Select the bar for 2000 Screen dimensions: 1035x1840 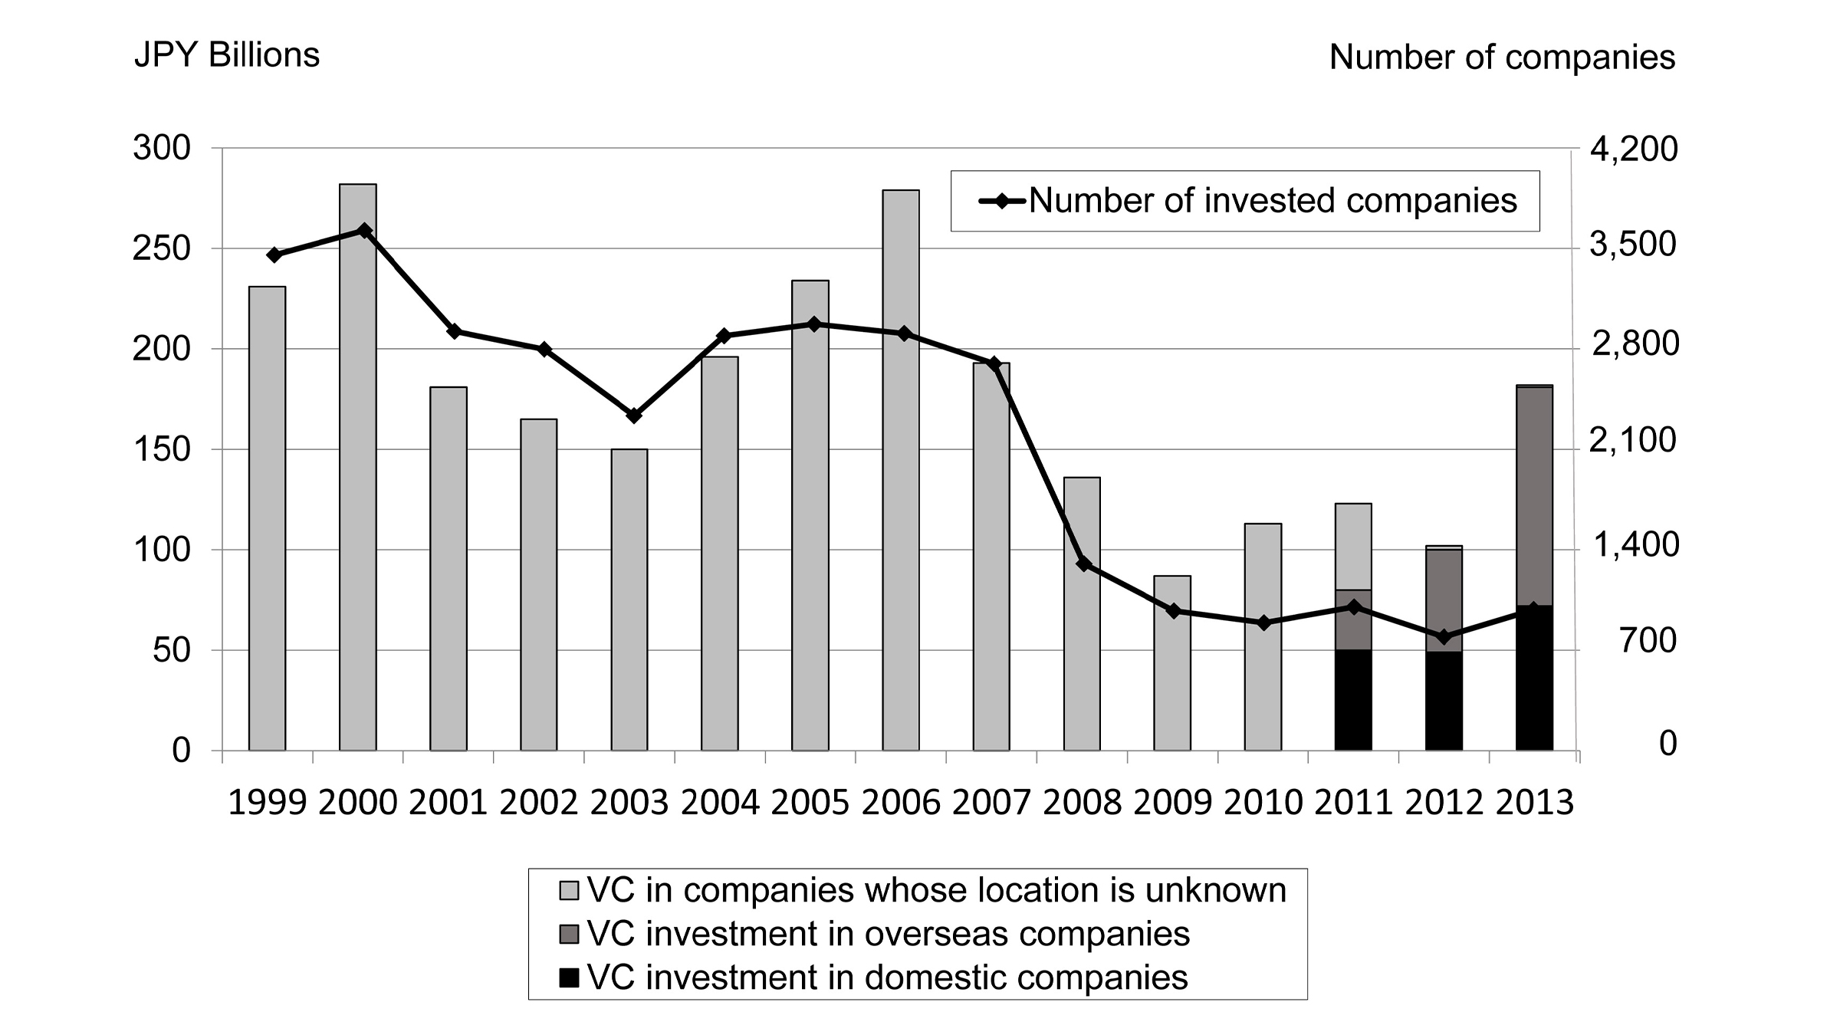(358, 468)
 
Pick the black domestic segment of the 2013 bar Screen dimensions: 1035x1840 (1534, 678)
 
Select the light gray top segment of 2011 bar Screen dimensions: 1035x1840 (1353, 547)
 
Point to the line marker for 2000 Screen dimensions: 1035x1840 (365, 231)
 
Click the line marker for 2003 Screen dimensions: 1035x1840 (634, 416)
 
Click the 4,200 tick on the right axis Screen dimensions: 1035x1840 (1634, 149)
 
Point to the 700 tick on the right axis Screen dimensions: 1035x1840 (1648, 641)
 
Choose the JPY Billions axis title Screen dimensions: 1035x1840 (227, 56)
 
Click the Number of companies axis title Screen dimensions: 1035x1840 (1502, 58)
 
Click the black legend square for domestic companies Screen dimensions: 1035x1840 (569, 978)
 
